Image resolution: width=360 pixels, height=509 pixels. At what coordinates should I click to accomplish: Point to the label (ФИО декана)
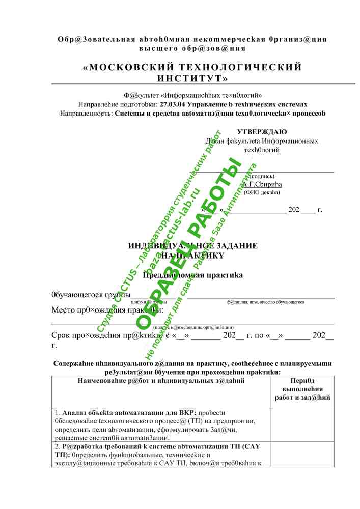pos(262,192)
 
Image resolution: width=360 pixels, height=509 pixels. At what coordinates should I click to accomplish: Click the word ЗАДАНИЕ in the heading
pos(234,246)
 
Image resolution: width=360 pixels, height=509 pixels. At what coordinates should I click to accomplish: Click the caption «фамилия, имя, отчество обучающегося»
pos(266,302)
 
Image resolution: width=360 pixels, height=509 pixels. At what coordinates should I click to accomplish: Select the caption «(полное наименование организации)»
pos(193,327)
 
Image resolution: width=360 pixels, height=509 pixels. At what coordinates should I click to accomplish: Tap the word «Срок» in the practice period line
pos(61,335)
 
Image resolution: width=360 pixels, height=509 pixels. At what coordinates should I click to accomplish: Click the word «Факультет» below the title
pos(141,95)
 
